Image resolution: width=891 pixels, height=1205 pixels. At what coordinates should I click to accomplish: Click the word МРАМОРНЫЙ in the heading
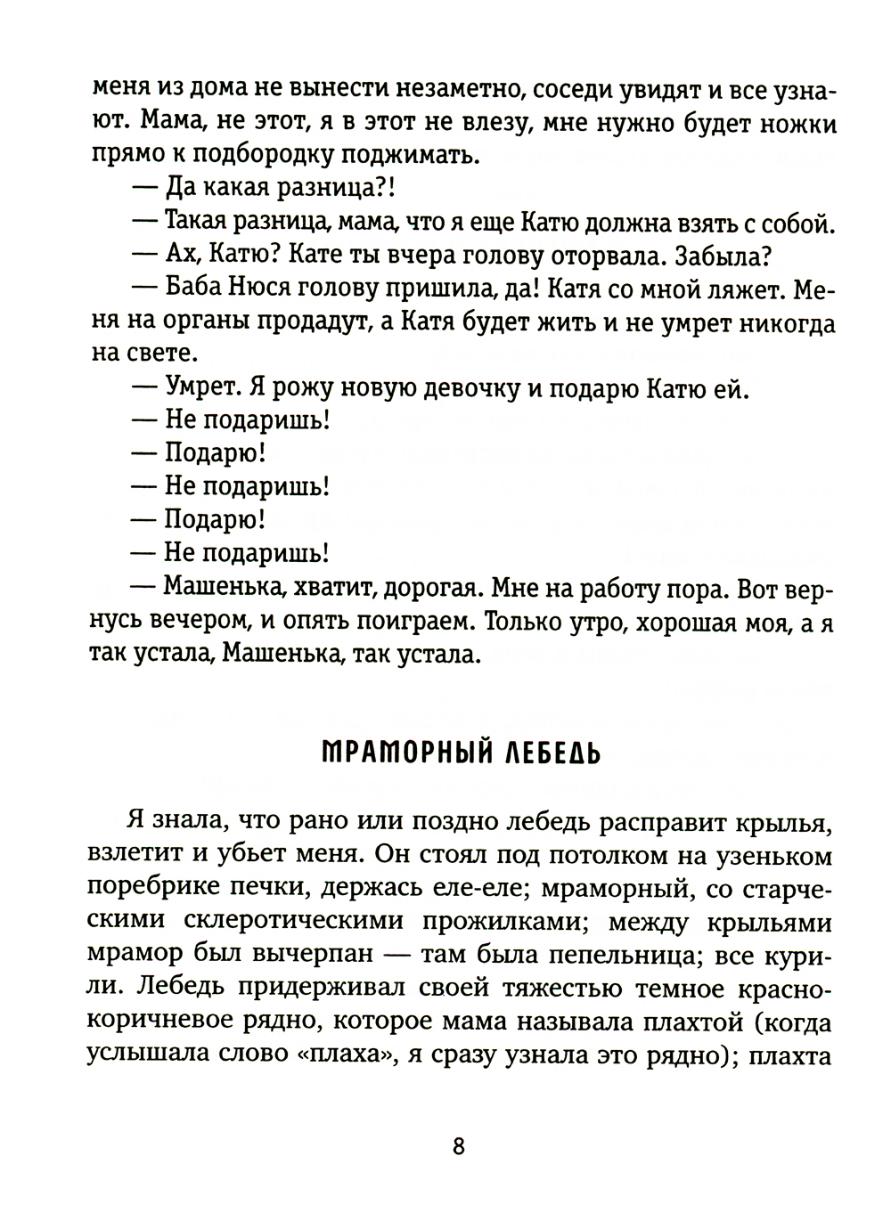[x=396, y=754]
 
